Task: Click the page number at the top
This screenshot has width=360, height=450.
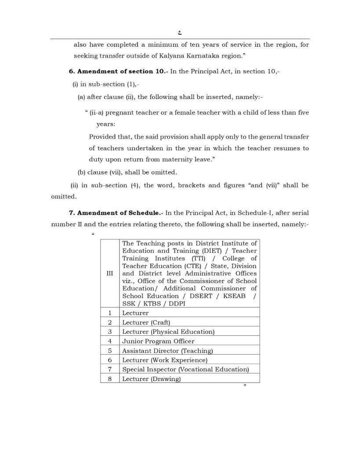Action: coord(180,32)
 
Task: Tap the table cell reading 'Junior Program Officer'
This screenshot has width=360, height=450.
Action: coord(158,341)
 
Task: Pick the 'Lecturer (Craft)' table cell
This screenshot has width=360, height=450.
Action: coord(146,322)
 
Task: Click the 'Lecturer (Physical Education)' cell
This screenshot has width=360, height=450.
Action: coord(168,332)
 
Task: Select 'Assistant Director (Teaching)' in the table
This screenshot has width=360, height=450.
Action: coord(167,351)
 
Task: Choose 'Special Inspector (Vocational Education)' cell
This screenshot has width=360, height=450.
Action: coord(185,370)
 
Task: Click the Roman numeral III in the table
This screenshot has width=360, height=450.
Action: coord(110,273)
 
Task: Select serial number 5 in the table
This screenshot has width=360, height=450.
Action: coord(110,351)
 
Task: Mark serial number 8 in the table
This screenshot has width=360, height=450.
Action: coord(110,379)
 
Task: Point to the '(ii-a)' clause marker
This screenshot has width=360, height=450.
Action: coord(96,112)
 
